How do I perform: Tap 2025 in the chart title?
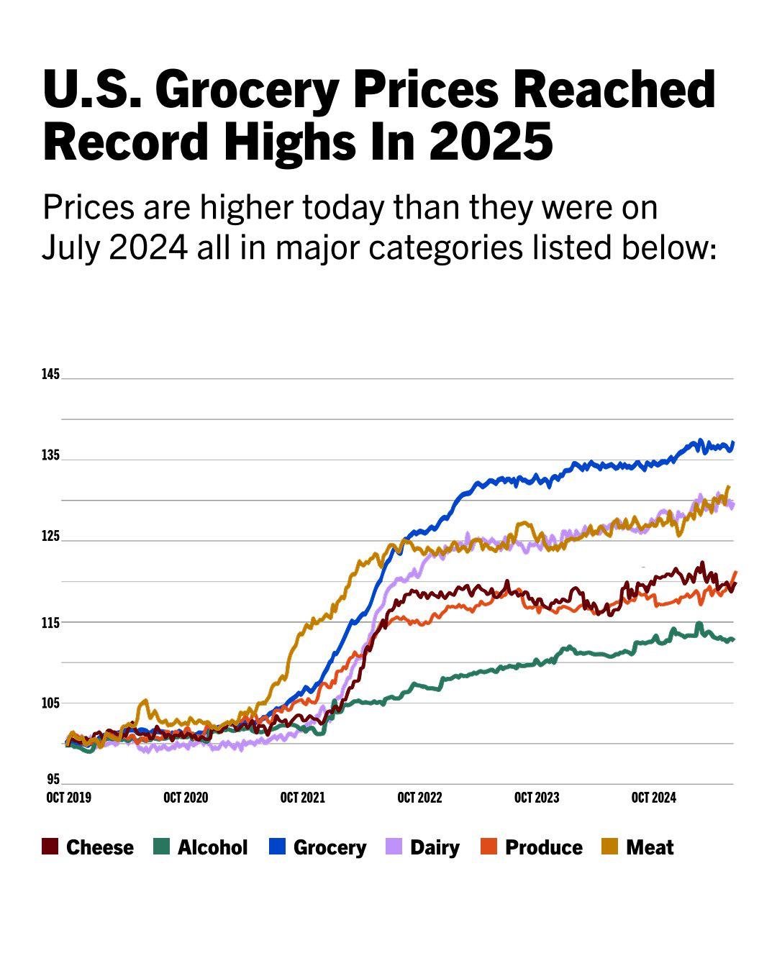pyautogui.click(x=492, y=141)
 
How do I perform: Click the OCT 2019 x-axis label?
pyautogui.click(x=68, y=798)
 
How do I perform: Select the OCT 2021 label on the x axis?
pyautogui.click(x=302, y=798)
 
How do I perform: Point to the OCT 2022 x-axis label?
pyautogui.click(x=419, y=798)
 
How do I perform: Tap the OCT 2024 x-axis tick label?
pyautogui.click(x=653, y=798)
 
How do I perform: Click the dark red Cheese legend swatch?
pyautogui.click(x=50, y=847)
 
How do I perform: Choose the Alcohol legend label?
pyautogui.click(x=212, y=847)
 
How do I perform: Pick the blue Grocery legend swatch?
pyautogui.click(x=277, y=847)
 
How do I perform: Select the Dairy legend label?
pyautogui.click(x=435, y=847)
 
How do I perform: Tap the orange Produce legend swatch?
pyautogui.click(x=489, y=847)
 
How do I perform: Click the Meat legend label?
pyautogui.click(x=650, y=847)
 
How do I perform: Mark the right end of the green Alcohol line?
pyautogui.click(x=732, y=639)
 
